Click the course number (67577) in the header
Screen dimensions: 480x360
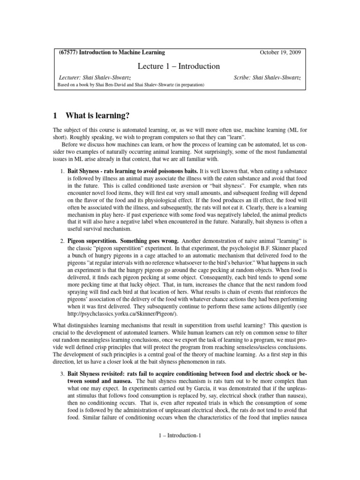(68, 52)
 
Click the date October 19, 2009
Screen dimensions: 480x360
(280, 52)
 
